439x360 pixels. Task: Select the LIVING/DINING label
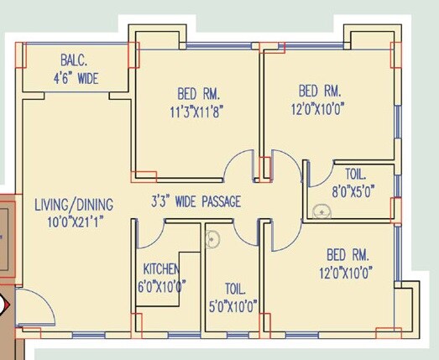(x=74, y=204)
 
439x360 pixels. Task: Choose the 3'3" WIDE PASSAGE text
(x=196, y=201)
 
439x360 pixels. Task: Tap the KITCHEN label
(x=161, y=269)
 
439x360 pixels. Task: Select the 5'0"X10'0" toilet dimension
(x=229, y=305)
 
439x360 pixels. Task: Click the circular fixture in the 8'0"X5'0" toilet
(x=321, y=211)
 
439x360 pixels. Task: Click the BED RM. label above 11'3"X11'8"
(x=198, y=92)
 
